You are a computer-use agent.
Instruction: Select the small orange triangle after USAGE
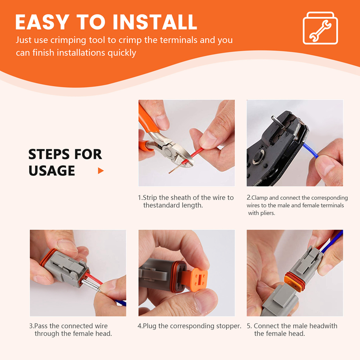tap(101, 171)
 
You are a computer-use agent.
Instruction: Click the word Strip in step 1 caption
tap(150, 198)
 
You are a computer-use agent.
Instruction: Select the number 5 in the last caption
tap(249, 326)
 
